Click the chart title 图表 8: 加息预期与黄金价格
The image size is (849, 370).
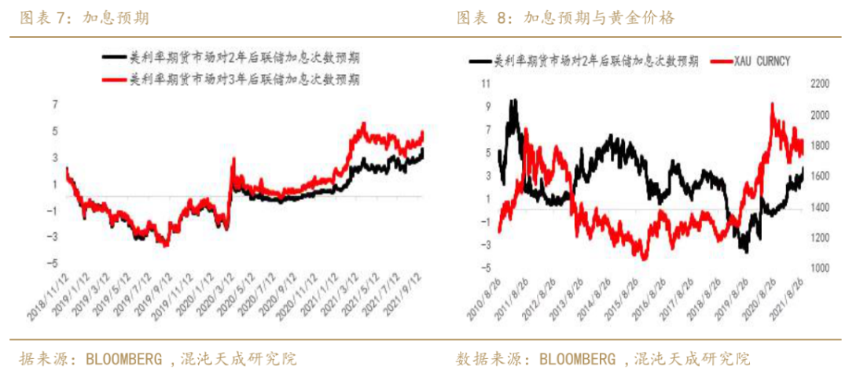[x=565, y=17]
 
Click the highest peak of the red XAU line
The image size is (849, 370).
[x=773, y=104]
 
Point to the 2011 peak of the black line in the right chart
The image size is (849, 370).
[x=513, y=100]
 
